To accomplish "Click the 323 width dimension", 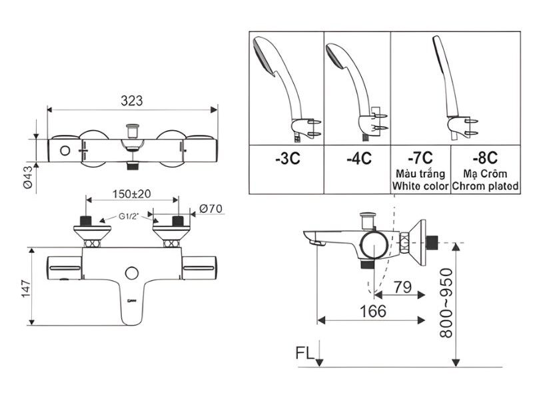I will (x=132, y=101).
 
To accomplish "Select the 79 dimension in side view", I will (x=400, y=288).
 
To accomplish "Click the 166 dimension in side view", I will (x=373, y=311).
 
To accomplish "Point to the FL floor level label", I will (x=304, y=352).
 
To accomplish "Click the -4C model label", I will (x=358, y=159).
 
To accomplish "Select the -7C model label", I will (x=420, y=157).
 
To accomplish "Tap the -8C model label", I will (x=484, y=157).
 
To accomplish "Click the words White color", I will (x=420, y=186).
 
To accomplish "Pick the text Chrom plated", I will (x=485, y=186).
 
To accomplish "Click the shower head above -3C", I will (x=266, y=57).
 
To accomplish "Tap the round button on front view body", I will (x=131, y=273).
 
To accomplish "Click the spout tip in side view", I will (x=308, y=237).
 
